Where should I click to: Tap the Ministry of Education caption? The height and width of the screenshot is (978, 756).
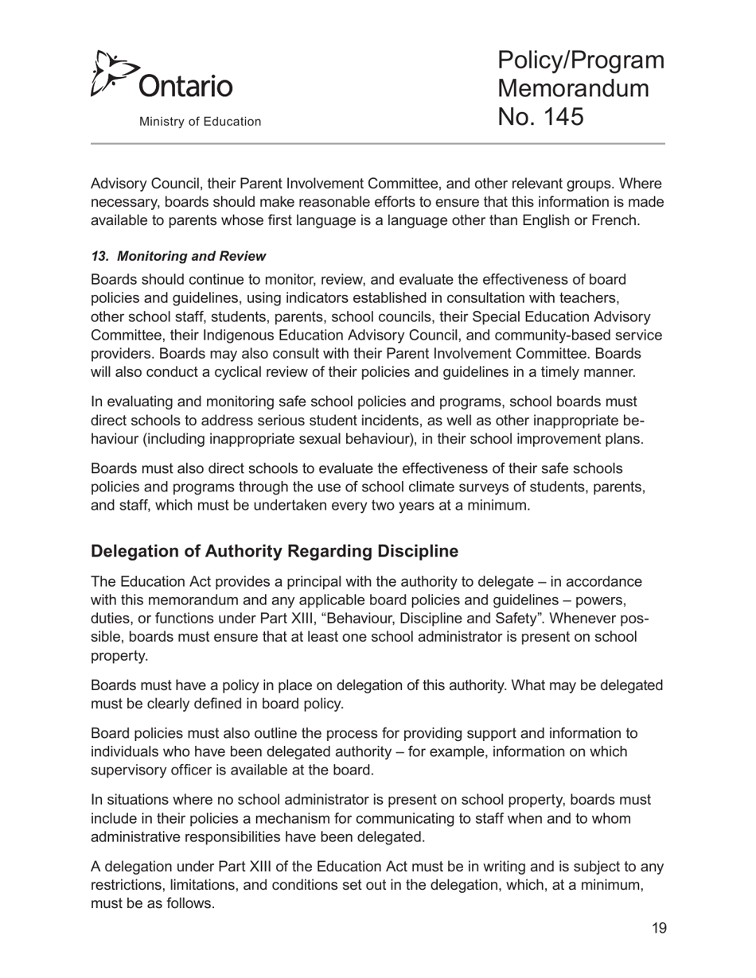pos(200,122)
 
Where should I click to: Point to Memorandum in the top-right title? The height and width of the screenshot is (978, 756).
pos(573,88)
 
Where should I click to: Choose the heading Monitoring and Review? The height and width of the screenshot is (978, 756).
pos(191,256)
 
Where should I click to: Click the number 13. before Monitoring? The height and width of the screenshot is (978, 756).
pos(100,256)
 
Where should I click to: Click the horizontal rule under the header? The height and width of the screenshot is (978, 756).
pos(378,144)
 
